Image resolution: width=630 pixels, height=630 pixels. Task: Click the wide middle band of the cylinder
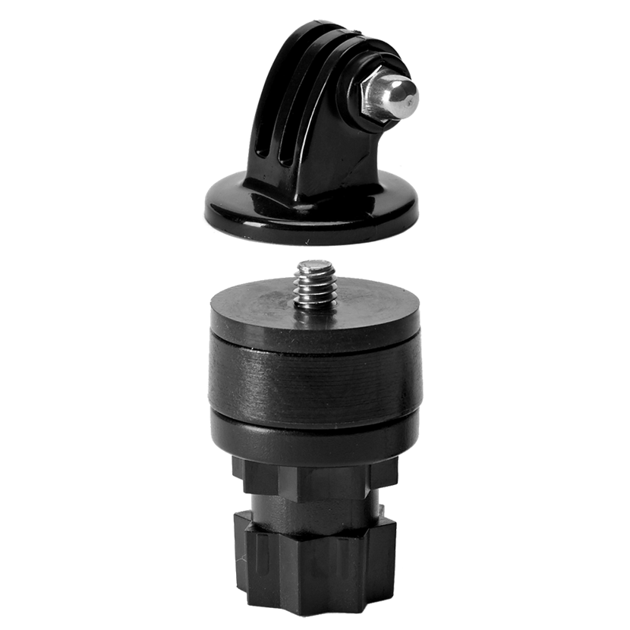tap(314, 380)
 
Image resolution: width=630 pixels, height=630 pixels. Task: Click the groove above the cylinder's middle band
tap(314, 339)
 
